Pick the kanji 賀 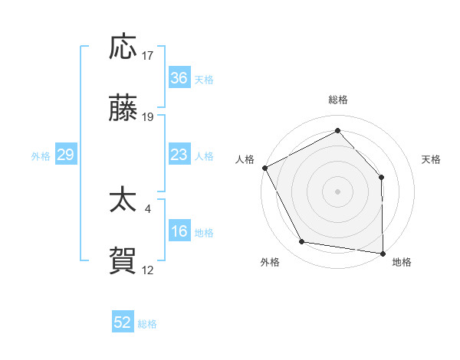click(x=123, y=261)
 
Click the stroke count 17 click(x=148, y=55)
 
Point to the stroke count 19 click(x=148, y=117)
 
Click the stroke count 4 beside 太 click(x=148, y=208)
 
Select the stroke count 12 click(x=148, y=270)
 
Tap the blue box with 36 click(x=179, y=78)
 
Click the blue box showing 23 click(x=179, y=155)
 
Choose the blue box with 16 click(x=179, y=231)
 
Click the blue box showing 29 click(x=65, y=155)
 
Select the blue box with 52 click(x=123, y=322)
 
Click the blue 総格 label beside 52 click(x=147, y=323)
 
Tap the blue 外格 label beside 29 click(x=41, y=155)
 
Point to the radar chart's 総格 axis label click(x=337, y=100)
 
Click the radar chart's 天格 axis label click(x=432, y=159)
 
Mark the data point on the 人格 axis click(x=264, y=167)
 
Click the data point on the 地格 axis click(x=383, y=253)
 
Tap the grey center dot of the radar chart click(x=337, y=191)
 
